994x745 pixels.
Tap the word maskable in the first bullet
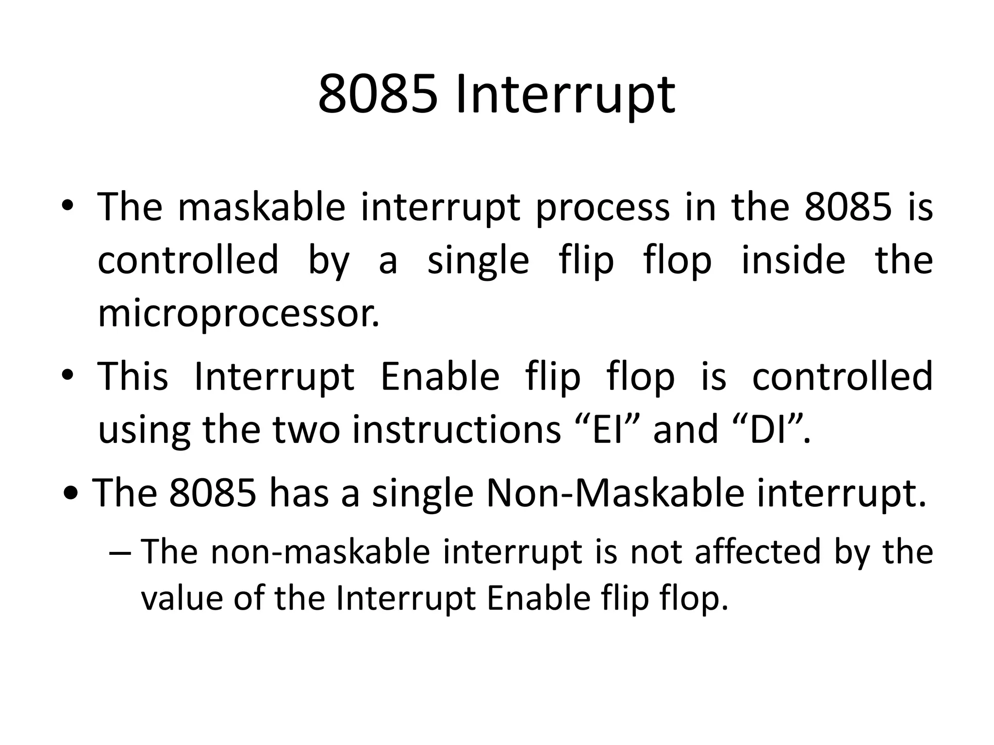tap(262, 207)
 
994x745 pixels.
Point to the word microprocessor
tap(238, 314)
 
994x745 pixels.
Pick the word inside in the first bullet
tap(793, 260)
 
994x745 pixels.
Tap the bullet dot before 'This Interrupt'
tap(67, 375)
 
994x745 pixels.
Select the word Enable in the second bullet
tap(440, 376)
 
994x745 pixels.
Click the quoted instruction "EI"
tap(609, 430)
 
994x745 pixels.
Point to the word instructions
tap(456, 430)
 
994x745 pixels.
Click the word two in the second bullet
tap(306, 430)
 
